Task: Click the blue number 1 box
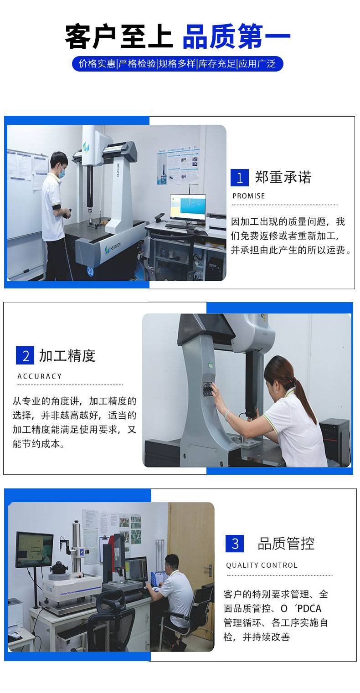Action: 239,178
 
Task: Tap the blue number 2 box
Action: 25,355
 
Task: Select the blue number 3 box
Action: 235,543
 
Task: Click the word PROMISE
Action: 248,196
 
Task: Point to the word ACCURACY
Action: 40,376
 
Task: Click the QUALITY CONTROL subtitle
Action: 262,565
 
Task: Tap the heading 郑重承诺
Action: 283,177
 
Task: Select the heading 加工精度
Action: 67,355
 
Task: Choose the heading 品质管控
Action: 286,544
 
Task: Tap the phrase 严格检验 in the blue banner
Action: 137,64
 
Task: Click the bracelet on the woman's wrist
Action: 228,414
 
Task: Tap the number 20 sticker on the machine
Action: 90,272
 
